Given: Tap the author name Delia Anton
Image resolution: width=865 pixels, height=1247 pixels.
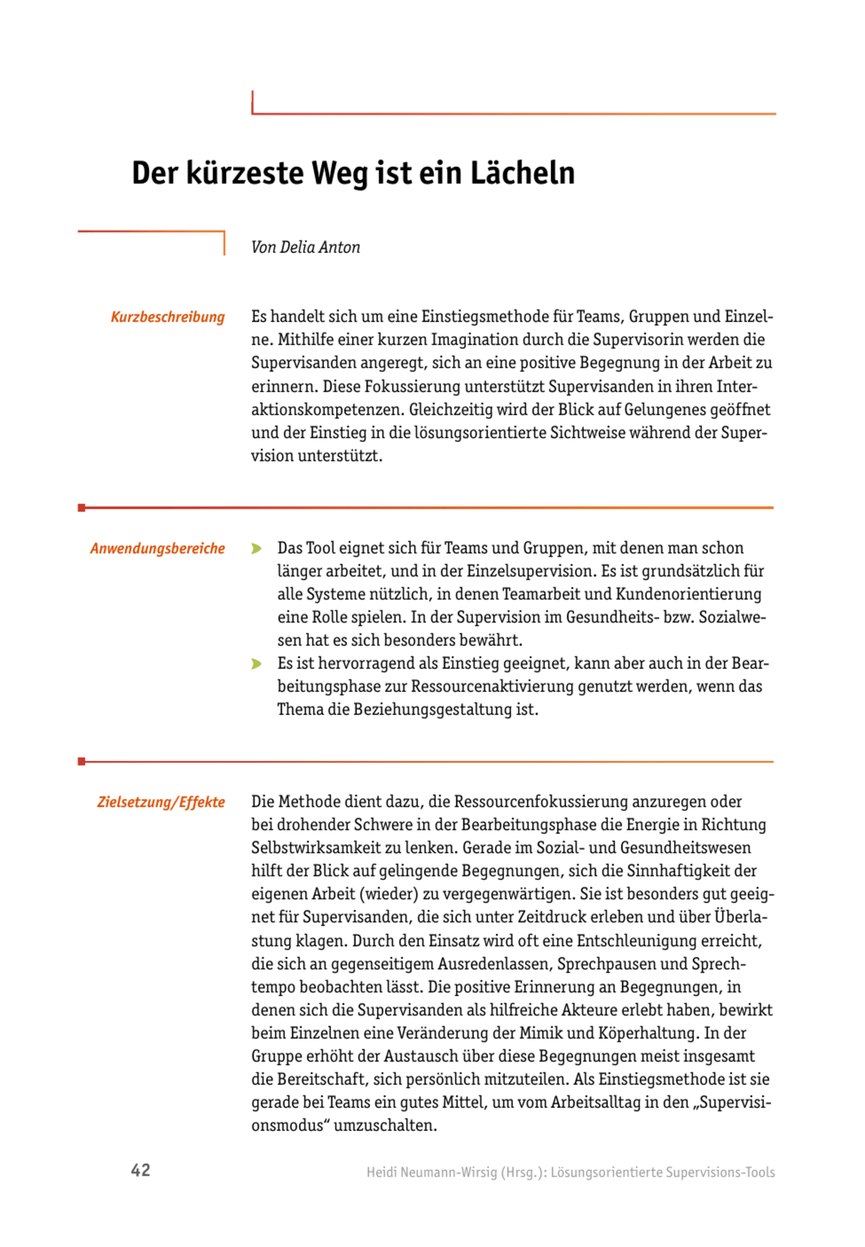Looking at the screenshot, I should click(320, 248).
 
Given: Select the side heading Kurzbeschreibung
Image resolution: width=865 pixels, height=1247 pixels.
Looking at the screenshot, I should click(167, 317).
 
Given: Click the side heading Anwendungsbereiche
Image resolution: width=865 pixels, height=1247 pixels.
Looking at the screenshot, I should click(157, 549).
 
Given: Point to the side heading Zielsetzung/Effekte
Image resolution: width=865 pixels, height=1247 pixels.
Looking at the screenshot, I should click(161, 802).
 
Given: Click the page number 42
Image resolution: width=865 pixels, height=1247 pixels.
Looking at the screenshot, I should click(141, 1170).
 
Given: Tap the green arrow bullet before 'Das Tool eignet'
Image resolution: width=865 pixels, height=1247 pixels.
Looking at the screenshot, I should click(256, 549).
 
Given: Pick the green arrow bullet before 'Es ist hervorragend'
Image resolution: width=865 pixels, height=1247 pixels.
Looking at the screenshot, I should click(256, 664).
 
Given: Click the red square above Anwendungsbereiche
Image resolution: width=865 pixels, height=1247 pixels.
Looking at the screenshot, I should click(81, 508).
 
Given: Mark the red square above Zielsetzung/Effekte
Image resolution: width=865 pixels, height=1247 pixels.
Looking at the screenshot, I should click(81, 761).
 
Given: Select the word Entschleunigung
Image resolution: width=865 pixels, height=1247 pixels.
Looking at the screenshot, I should click(651, 941).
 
